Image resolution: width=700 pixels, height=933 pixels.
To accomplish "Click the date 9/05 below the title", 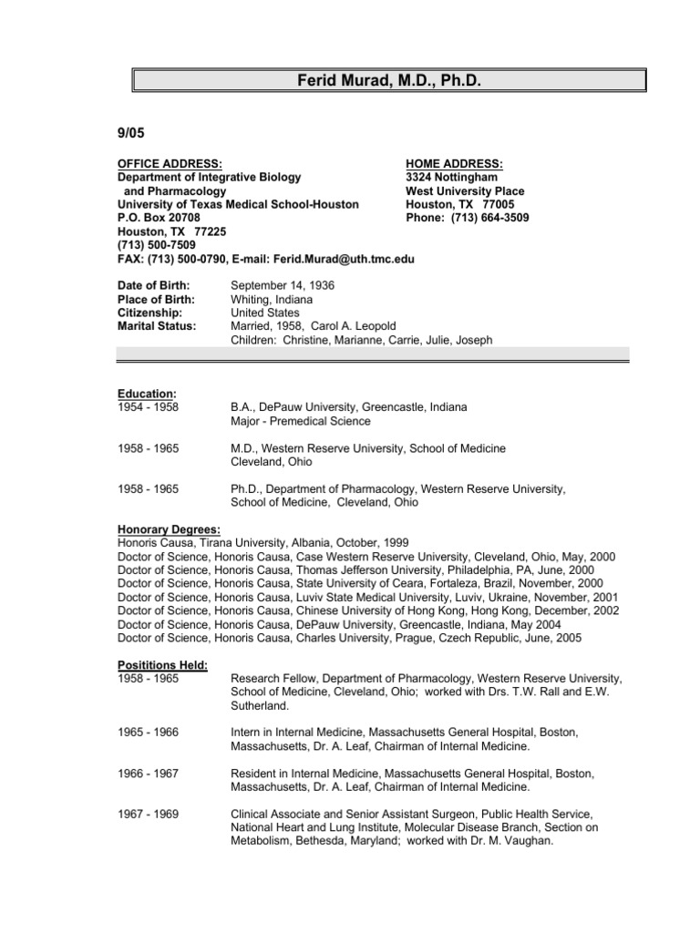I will point(132,133).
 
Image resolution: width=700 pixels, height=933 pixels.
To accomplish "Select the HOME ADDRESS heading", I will point(454,164).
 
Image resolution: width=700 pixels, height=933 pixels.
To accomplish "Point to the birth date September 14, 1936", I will point(283,286).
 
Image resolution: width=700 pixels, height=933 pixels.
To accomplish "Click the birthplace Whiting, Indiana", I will point(272,300).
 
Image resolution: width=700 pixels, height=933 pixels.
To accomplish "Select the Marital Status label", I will point(157,327).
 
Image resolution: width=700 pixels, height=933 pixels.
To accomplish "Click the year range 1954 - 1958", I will point(149,407).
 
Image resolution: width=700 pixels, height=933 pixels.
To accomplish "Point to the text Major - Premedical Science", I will point(301,421).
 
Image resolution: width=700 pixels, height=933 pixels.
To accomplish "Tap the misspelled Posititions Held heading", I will point(163,665).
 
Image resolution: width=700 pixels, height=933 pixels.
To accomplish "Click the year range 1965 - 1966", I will point(149,733).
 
